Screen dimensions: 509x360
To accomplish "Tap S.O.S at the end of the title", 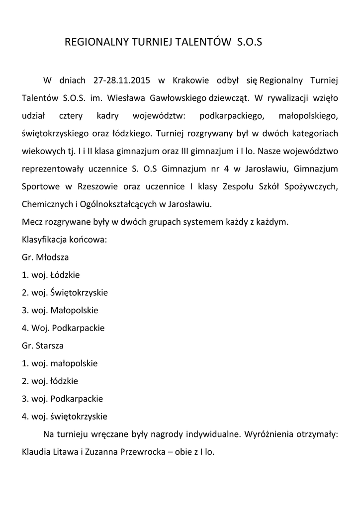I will click(247, 43).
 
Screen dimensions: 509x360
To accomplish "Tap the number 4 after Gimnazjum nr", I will click(226, 169).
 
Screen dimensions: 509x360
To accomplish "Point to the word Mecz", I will click(32, 222).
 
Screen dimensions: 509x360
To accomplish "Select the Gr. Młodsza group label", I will click(45, 258).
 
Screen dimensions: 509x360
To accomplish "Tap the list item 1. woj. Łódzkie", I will click(51, 275).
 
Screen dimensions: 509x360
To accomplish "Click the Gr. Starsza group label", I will click(43, 345).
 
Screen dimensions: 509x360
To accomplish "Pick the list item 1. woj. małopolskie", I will click(60, 363).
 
